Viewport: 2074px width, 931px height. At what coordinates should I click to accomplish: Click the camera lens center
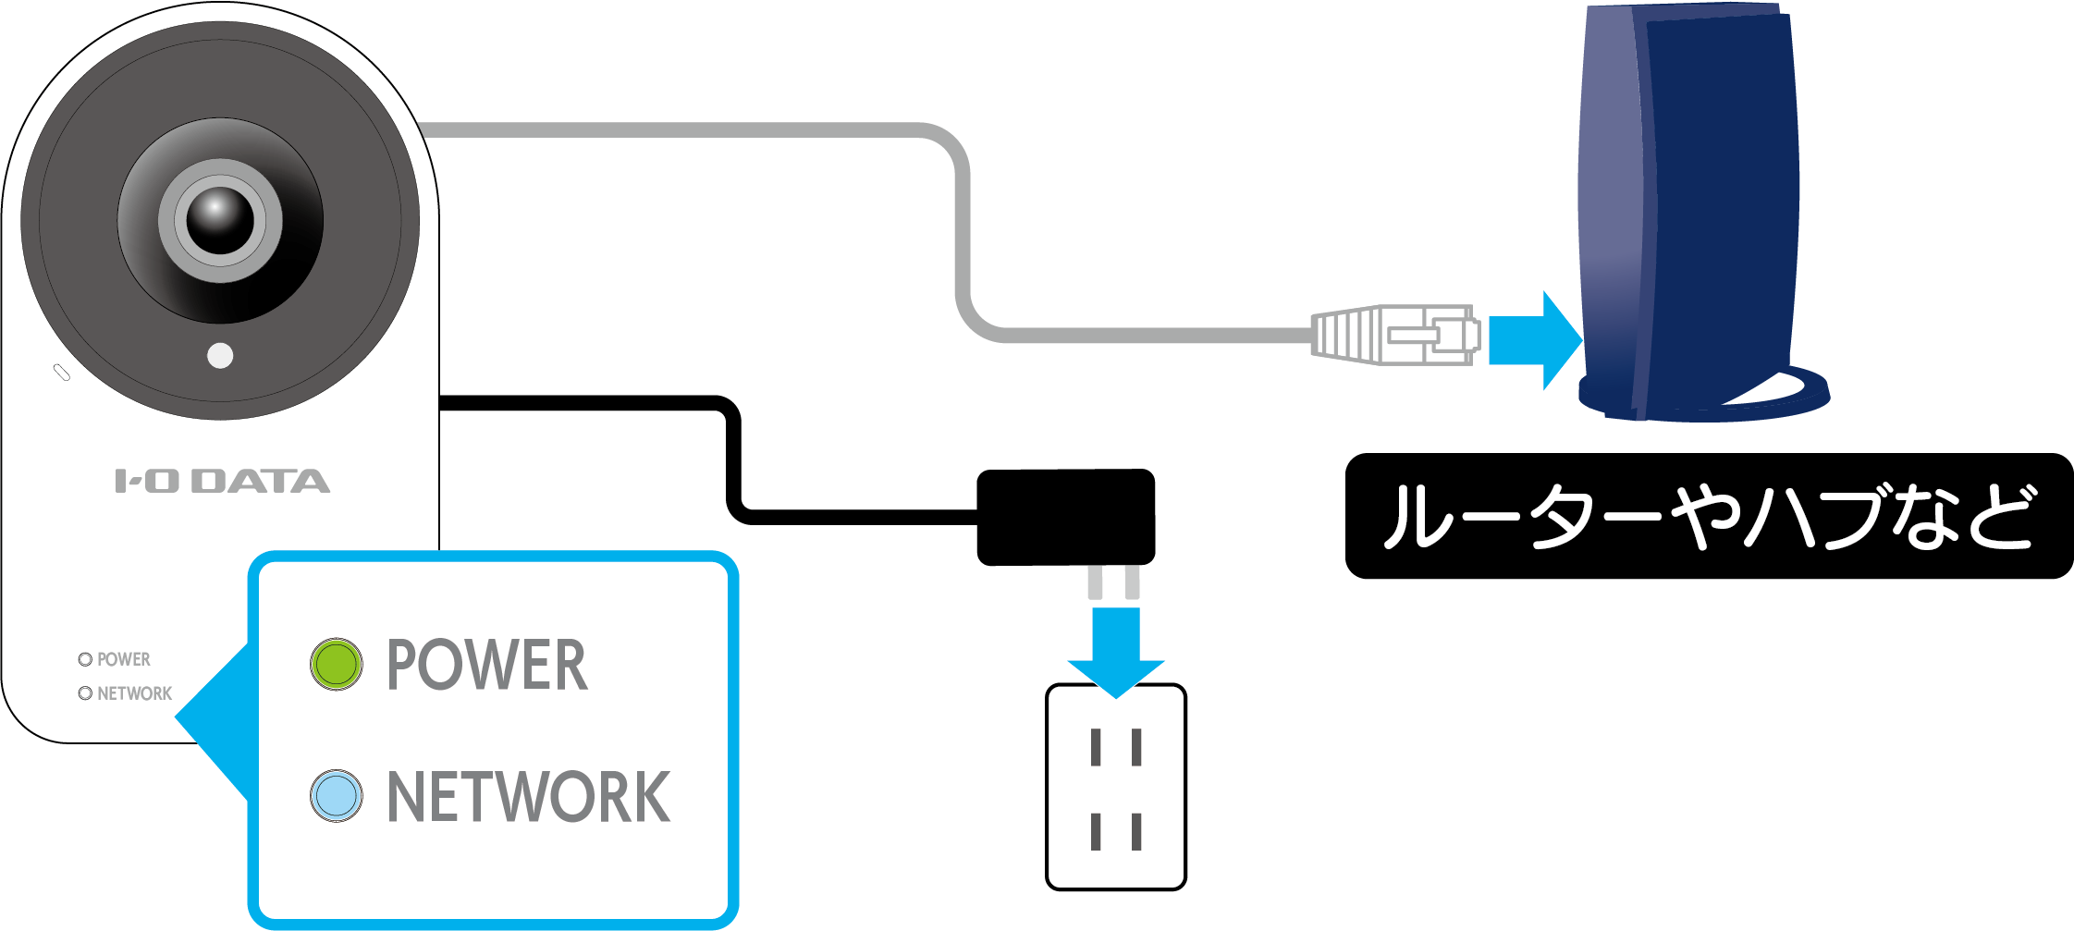click(x=220, y=220)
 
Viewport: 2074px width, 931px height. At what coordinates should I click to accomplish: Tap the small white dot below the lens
click(x=220, y=355)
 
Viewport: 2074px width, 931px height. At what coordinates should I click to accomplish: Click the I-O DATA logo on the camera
click(x=222, y=482)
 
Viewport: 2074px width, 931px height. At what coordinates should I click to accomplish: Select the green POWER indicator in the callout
click(x=336, y=664)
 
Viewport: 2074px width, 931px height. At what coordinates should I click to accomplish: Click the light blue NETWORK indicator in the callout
click(x=336, y=796)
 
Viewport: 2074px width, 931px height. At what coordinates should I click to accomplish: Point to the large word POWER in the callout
click(x=486, y=665)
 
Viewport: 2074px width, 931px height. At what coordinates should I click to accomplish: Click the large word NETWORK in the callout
click(x=528, y=797)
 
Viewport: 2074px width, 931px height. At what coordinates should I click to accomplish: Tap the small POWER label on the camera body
click(x=123, y=659)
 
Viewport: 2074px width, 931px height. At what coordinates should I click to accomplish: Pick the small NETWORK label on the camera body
click(x=134, y=693)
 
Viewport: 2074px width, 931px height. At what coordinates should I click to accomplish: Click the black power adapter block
click(x=1065, y=517)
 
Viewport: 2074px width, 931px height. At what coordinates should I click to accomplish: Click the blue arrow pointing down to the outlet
click(x=1115, y=651)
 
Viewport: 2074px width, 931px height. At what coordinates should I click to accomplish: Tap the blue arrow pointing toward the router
click(x=1534, y=340)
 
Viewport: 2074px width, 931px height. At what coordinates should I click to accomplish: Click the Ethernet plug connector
click(x=1395, y=335)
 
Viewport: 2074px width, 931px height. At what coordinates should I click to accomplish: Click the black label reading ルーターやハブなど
click(x=1708, y=516)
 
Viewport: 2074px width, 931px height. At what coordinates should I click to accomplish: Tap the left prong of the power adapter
click(x=1096, y=582)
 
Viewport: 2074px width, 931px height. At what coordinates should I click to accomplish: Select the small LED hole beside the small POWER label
click(x=85, y=659)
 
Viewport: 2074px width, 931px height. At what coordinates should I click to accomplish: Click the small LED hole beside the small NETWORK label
click(x=85, y=693)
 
